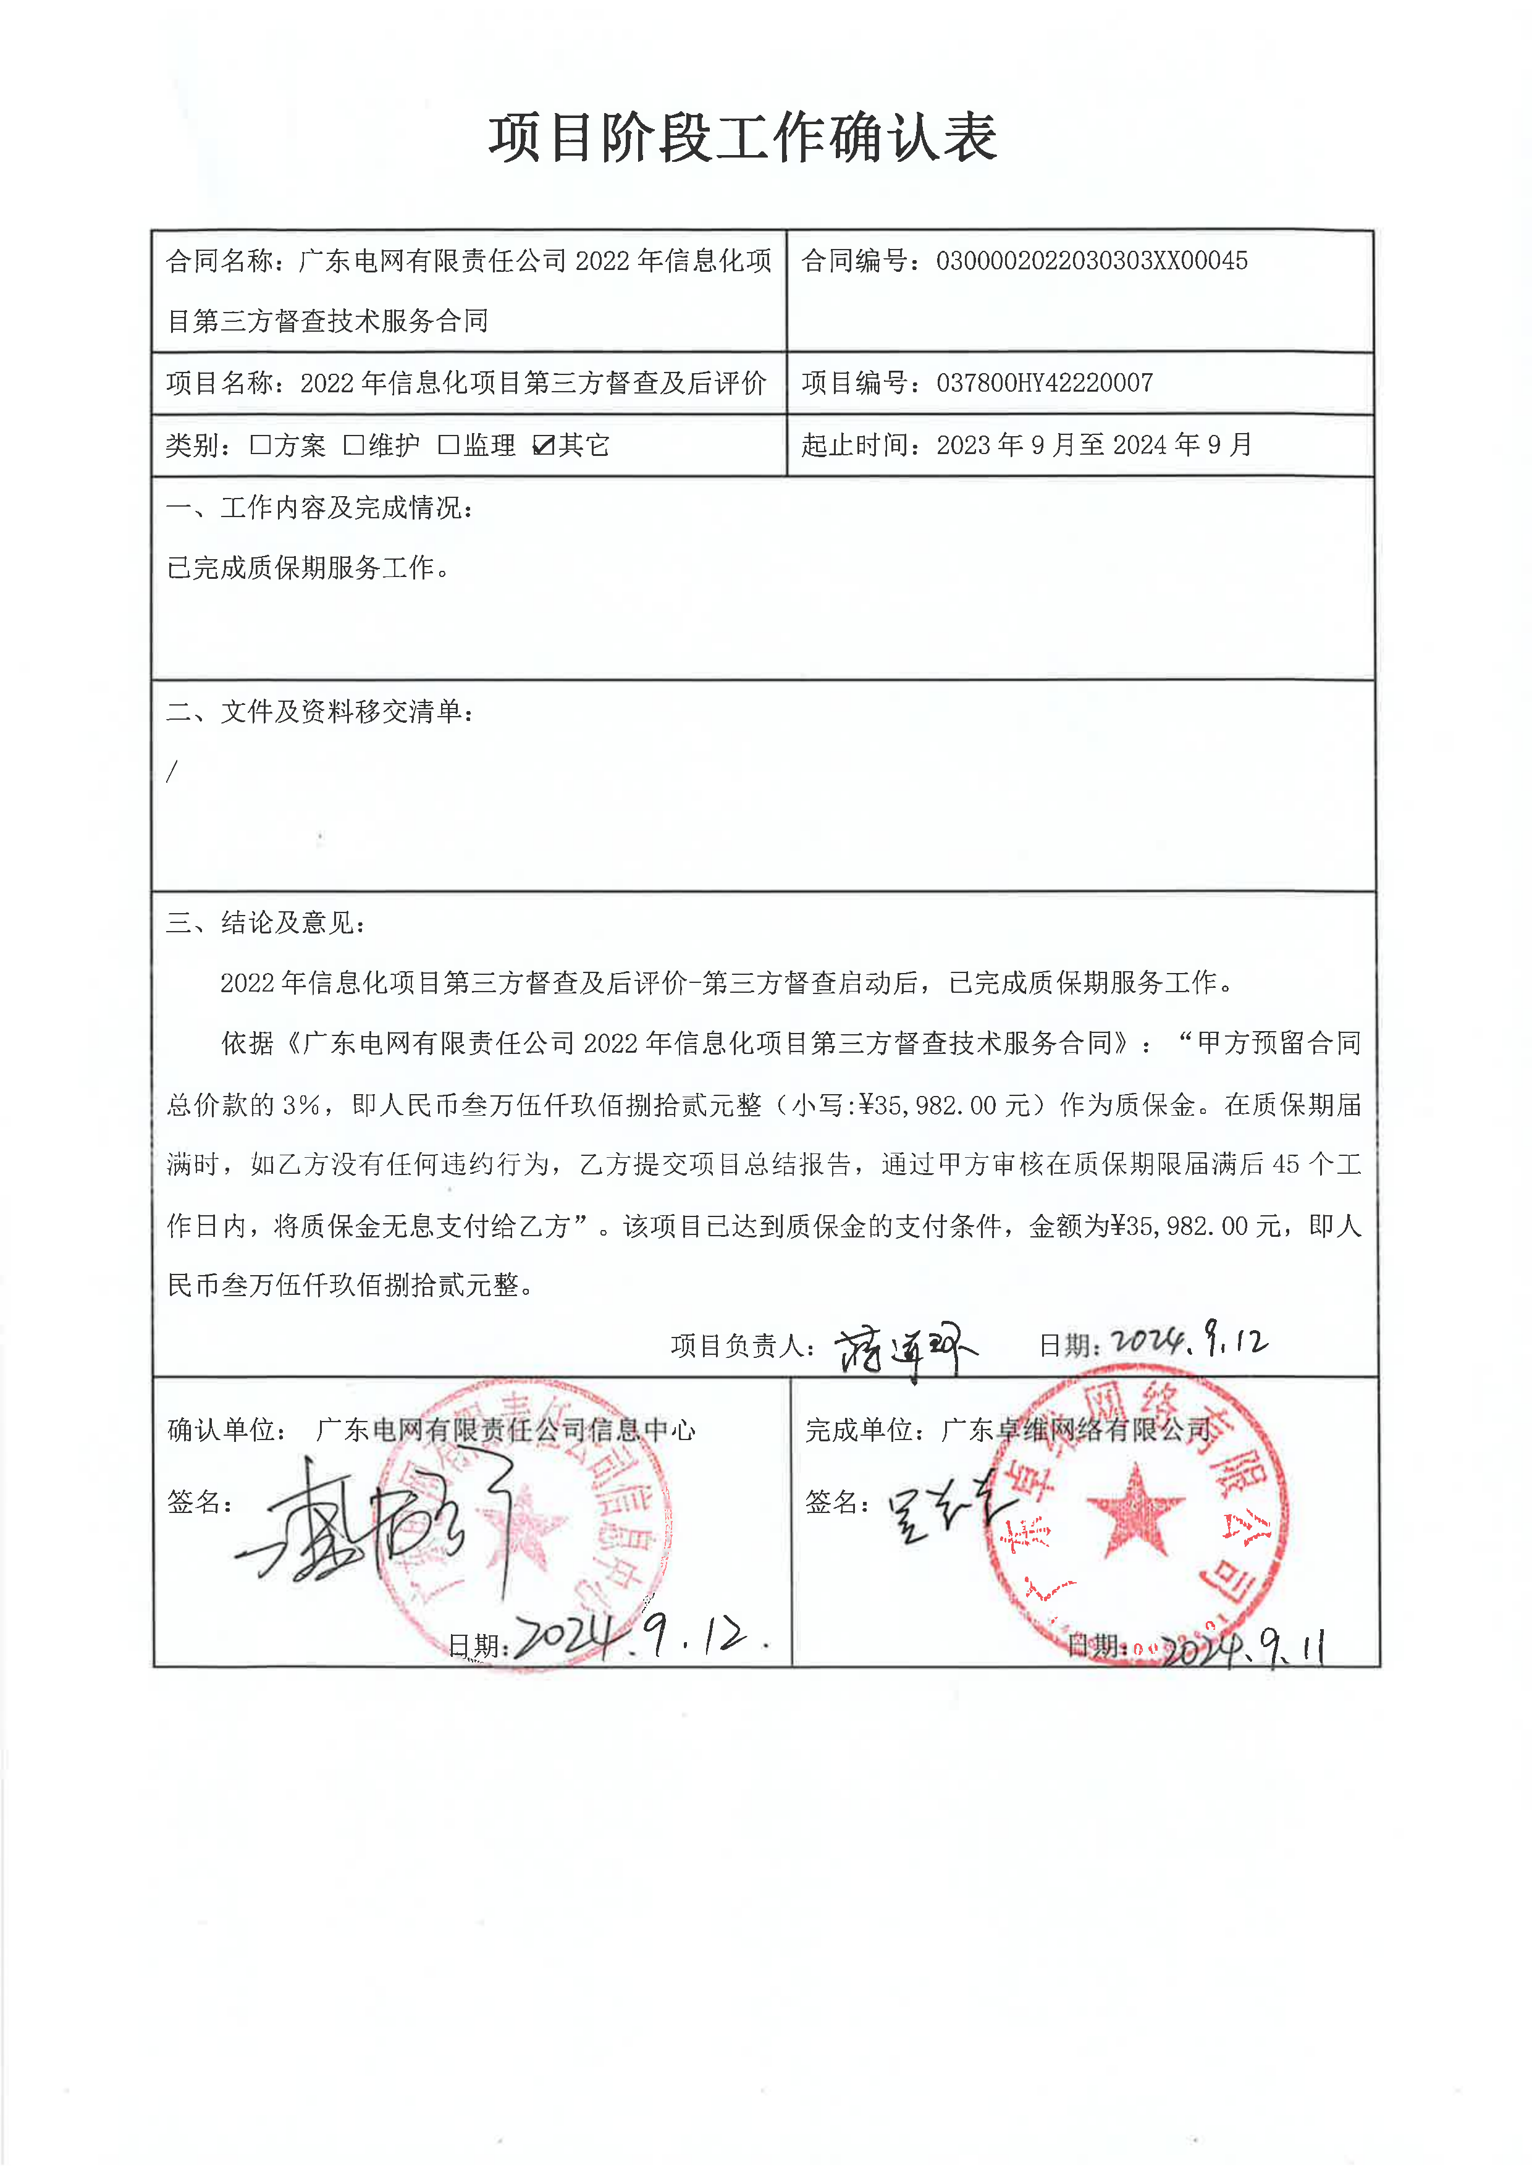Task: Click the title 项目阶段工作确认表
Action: (743, 138)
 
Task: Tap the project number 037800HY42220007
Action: (1044, 383)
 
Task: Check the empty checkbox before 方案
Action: (260, 444)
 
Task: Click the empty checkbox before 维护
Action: (354, 444)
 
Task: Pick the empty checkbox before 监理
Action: (448, 444)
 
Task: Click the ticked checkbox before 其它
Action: (544, 444)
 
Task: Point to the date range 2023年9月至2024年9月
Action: (1094, 444)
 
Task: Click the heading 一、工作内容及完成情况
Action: (321, 508)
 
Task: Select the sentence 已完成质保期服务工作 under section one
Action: (308, 568)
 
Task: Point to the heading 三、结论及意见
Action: (266, 922)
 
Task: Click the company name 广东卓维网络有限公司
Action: (1075, 1430)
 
